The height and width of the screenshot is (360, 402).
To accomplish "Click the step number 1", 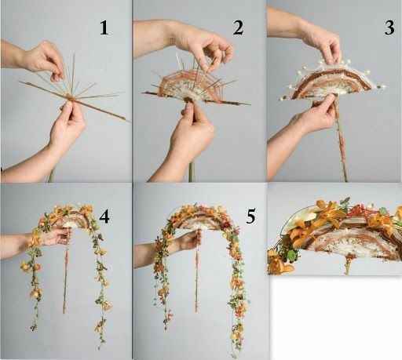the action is [x=104, y=27].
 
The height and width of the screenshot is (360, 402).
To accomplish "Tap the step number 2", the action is [x=238, y=27].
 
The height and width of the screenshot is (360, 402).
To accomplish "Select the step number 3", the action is [x=389, y=27].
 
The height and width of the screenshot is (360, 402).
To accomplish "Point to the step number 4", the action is [x=104, y=216].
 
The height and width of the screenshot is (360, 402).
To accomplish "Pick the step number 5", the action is [x=250, y=216].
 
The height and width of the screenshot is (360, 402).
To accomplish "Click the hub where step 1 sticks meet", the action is [x=71, y=97].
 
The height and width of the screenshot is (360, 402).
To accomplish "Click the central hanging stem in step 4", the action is [x=66, y=272].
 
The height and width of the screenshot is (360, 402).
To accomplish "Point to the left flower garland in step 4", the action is [x=34, y=272].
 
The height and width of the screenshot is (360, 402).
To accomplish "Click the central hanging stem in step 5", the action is [x=197, y=272].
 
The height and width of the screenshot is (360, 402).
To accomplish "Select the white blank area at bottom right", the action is [x=336, y=318].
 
